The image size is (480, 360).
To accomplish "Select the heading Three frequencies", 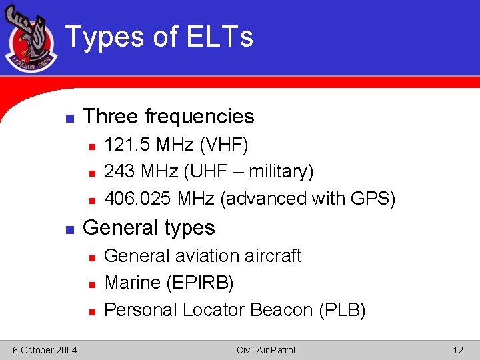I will click(x=168, y=117).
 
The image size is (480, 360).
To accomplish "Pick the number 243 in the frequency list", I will click(x=119, y=172).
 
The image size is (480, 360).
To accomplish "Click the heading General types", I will click(x=148, y=228).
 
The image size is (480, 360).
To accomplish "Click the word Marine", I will click(x=133, y=283).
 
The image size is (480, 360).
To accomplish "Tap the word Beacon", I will click(x=281, y=310).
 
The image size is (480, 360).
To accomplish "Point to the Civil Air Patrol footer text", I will click(x=265, y=350).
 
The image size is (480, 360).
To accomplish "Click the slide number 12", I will click(x=457, y=350).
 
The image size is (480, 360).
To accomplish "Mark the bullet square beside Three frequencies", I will click(x=68, y=118).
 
